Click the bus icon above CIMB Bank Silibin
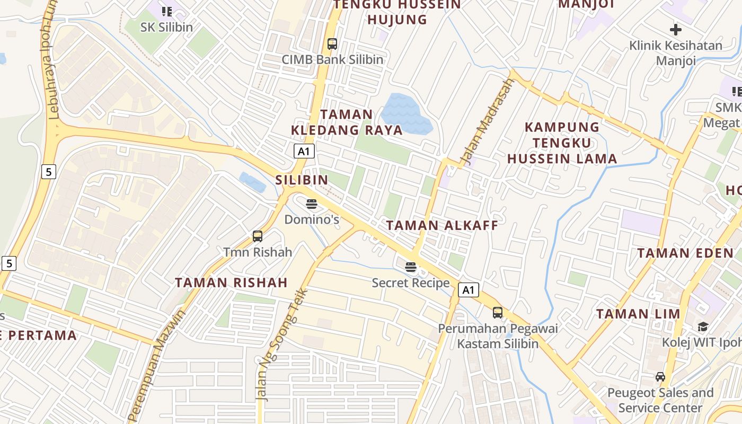pos(332,44)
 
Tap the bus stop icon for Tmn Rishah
pos(258,236)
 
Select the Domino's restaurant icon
pos(312,204)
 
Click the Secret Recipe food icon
pos(411,267)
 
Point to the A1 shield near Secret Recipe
pos(468,290)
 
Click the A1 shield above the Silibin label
pos(304,152)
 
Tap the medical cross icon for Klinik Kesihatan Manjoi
pos(675,29)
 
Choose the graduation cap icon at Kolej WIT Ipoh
pos(703,326)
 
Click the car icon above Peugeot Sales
pos(660,377)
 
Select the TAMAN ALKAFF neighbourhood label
pos(442,225)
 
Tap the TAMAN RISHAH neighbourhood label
pos(231,282)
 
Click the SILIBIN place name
pos(302,180)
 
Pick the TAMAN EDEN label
pos(685,253)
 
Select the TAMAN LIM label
pos(638,314)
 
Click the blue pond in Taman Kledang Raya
pos(406,113)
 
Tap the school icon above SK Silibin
pos(167,11)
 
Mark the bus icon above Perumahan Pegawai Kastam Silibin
pos(497,313)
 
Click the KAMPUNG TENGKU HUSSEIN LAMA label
pos(562,143)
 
